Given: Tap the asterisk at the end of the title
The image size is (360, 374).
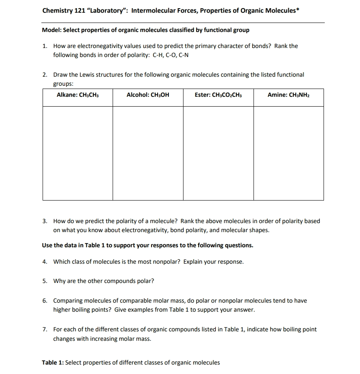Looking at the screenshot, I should point(297,10).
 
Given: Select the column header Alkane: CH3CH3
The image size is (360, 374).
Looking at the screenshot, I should point(78,95).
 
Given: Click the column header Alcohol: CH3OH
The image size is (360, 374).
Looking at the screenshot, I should point(148,95).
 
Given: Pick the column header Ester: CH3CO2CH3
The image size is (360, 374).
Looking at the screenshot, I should point(218,95).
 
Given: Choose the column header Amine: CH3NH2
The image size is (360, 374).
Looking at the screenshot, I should point(288,95).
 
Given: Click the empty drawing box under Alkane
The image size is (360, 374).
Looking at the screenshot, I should point(78,153).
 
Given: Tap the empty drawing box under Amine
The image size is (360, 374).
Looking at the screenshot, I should point(288,153).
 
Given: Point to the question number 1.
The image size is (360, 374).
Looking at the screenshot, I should point(45,46).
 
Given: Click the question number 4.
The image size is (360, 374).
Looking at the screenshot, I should point(45,262).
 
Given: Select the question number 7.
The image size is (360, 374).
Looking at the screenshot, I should point(45,329).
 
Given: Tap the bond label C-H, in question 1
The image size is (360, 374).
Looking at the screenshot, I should point(159,55).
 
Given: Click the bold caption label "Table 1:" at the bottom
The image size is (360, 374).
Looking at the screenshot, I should point(53,363).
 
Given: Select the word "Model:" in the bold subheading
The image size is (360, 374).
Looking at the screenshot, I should point(52,30).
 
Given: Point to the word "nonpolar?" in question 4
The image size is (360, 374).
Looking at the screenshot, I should point(167,262).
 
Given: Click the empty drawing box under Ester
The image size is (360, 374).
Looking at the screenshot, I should point(218,153).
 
